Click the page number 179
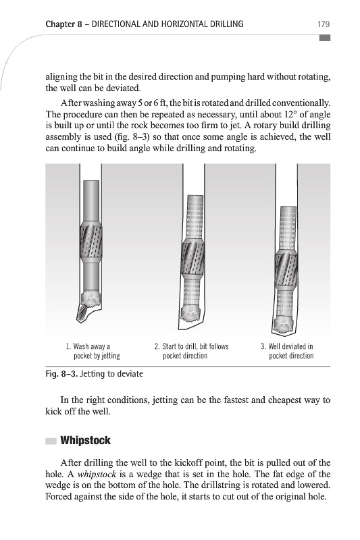click(x=324, y=24)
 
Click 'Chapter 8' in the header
click(x=63, y=24)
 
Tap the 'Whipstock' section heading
click(x=85, y=441)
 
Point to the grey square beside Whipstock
click(x=51, y=441)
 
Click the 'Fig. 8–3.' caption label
click(x=61, y=374)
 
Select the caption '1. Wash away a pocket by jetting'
click(x=93, y=351)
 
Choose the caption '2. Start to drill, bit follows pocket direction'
click(x=191, y=351)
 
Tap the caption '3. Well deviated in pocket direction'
click(x=287, y=351)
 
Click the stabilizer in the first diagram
click(x=91, y=243)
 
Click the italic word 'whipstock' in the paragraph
click(x=97, y=475)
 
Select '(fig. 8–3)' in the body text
click(x=132, y=137)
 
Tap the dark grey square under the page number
click(x=325, y=38)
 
